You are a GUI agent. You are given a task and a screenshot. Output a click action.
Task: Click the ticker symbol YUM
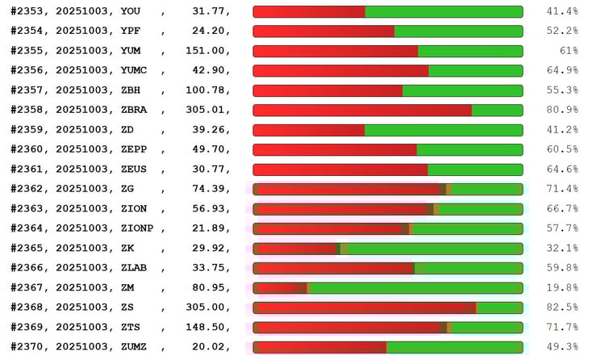click(131, 51)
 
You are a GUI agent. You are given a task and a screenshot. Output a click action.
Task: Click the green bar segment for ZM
click(415, 287)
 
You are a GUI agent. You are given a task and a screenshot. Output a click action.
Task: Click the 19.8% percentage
click(561, 287)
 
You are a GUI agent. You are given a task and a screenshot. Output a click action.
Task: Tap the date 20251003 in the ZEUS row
click(84, 170)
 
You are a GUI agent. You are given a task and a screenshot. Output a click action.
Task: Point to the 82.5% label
click(561, 308)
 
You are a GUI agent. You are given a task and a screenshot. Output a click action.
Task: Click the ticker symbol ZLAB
click(135, 268)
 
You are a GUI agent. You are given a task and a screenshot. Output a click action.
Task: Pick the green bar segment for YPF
click(458, 31)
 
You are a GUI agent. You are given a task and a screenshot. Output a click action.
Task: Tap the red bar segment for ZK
click(295, 249)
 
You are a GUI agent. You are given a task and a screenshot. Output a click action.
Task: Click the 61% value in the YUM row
click(566, 51)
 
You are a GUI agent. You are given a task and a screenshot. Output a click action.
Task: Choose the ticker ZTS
click(131, 327)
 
